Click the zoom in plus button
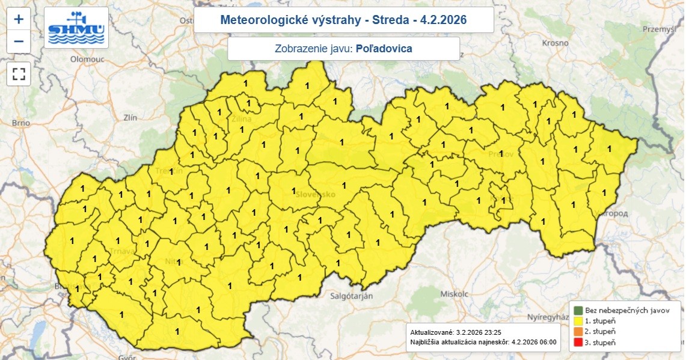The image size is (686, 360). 19,19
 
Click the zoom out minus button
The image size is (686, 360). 19,41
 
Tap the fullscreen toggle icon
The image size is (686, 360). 19,74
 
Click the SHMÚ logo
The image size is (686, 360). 76,28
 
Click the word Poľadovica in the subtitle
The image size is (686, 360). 384,49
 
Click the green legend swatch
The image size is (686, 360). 578,311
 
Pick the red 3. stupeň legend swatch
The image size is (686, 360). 578,342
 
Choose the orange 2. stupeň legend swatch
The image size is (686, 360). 578,332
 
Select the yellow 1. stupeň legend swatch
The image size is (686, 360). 578,322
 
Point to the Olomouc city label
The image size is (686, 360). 88,59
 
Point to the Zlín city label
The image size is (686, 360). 130,118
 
